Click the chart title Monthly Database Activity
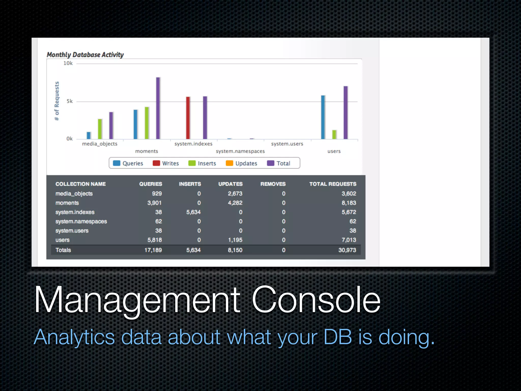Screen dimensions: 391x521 (x=85, y=55)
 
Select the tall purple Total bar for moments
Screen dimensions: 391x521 (x=158, y=108)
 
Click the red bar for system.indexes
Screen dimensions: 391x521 (x=188, y=118)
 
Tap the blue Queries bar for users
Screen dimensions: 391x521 (x=323, y=117)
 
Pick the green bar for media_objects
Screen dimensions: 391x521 (x=100, y=129)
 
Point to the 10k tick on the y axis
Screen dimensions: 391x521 (x=68, y=63)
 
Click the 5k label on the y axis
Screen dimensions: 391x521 (x=69, y=101)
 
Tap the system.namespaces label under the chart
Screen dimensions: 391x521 (x=240, y=151)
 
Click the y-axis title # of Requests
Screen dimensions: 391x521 (x=57, y=101)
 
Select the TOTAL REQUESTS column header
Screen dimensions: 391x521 (x=332, y=184)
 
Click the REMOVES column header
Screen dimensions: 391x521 (x=273, y=184)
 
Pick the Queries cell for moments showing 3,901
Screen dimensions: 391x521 (x=154, y=203)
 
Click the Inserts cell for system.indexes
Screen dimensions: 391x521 (x=193, y=212)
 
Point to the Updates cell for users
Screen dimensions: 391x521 (x=235, y=240)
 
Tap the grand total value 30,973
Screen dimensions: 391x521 (x=347, y=250)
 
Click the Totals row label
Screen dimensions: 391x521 (x=63, y=250)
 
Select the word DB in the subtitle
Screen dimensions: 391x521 (x=338, y=337)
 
